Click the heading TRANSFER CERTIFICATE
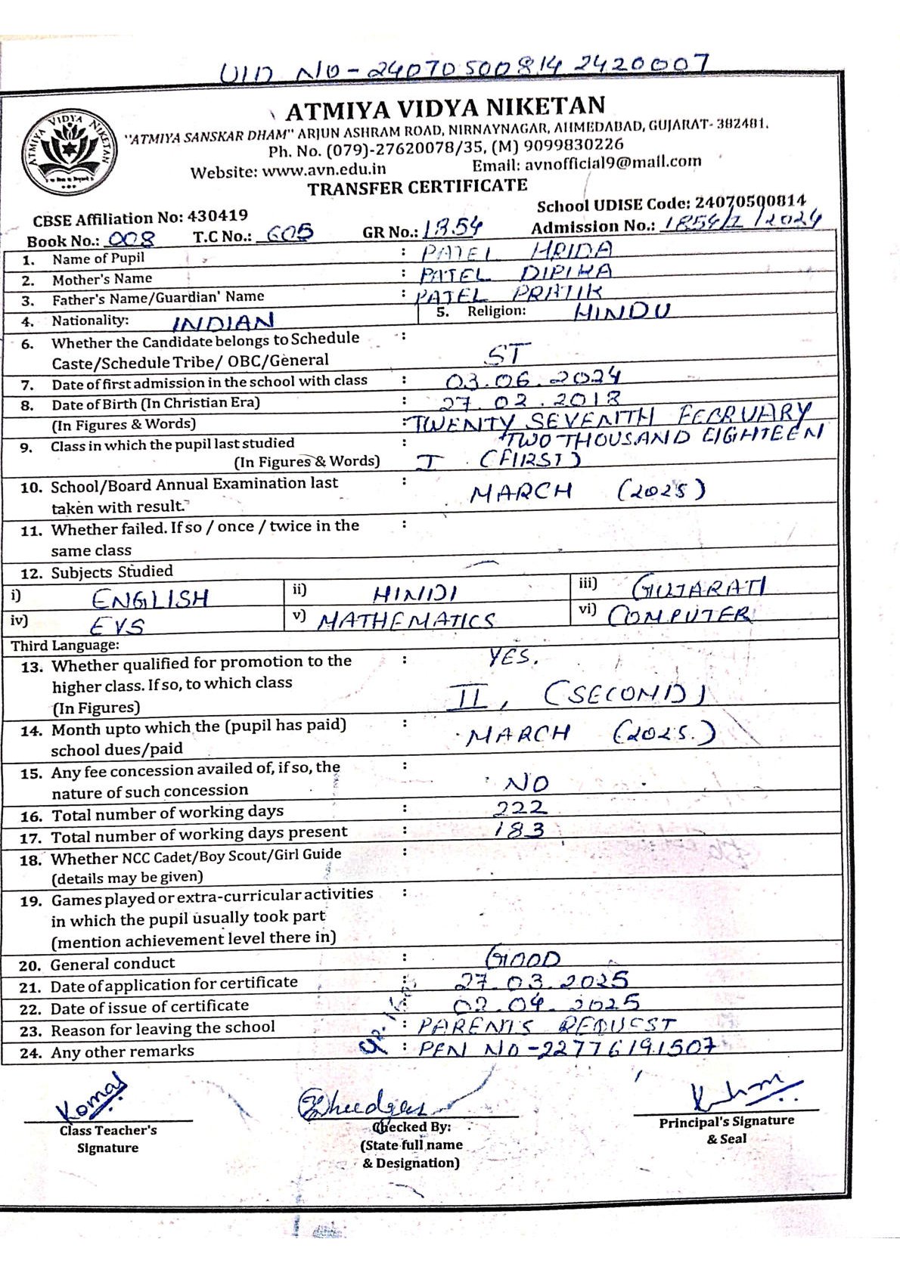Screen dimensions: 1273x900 [x=417, y=187]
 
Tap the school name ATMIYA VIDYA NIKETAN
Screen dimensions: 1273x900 [x=445, y=109]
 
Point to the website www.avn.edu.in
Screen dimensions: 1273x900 [x=324, y=170]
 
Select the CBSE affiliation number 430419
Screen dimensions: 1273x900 [x=218, y=216]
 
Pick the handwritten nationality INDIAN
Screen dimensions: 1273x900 [x=223, y=323]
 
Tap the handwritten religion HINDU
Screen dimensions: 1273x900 [x=622, y=311]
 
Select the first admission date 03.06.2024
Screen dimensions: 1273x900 [x=532, y=378]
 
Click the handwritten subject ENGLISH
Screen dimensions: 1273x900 [x=151, y=599]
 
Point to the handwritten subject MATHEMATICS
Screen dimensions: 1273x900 [x=405, y=621]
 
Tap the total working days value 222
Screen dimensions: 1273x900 [x=520, y=808]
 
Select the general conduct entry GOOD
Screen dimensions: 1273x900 [x=523, y=959]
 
